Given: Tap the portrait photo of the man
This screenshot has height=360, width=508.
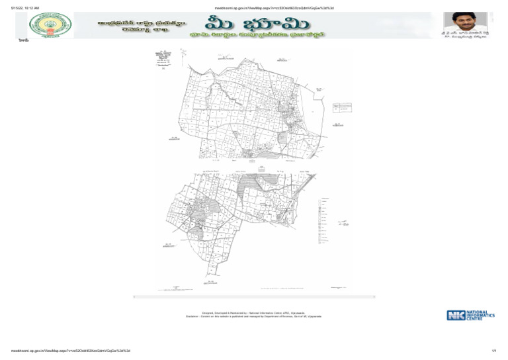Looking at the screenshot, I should [468, 21].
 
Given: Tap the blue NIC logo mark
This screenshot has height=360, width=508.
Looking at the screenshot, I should [456, 316].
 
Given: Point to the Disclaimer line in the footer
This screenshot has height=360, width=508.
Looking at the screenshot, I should [254, 316].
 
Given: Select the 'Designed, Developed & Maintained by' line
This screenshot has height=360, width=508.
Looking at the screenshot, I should [254, 312].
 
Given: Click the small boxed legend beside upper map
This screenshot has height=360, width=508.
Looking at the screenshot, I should [342, 107].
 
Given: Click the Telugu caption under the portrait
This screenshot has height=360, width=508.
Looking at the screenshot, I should [468, 36].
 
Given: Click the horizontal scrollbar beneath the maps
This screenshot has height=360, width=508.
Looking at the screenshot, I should [255, 296].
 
